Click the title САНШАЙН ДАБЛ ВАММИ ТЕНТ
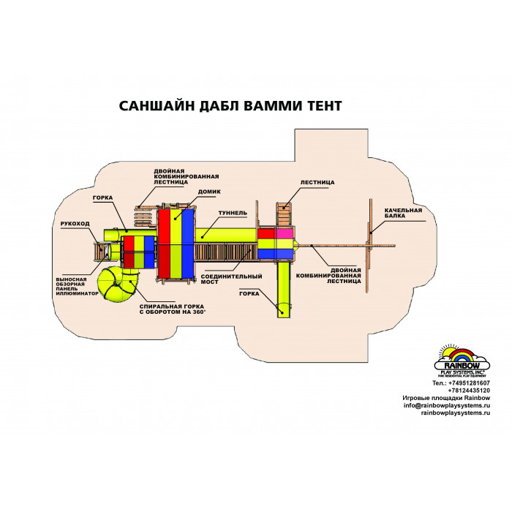pyautogui.click(x=230, y=106)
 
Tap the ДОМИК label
pyautogui.click(x=209, y=192)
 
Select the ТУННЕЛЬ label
pyautogui.click(x=233, y=213)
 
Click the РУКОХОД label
pyautogui.click(x=75, y=224)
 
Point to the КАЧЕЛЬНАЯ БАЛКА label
pyautogui.click(x=403, y=213)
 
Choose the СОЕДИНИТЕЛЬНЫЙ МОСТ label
pyautogui.click(x=232, y=279)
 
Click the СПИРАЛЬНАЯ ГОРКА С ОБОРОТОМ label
pyautogui.click(x=173, y=309)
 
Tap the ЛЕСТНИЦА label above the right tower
pyautogui.click(x=317, y=183)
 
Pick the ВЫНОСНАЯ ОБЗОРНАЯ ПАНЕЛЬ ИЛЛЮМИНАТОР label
pyautogui.click(x=77, y=287)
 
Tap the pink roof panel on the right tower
pyautogui.click(x=285, y=234)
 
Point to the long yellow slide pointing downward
pyautogui.click(x=284, y=290)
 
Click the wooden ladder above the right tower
pyautogui.click(x=284, y=214)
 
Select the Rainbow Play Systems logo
pyautogui.click(x=462, y=361)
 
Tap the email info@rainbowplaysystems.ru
pyautogui.click(x=447, y=405)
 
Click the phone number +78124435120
pyautogui.click(x=469, y=391)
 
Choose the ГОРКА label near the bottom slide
pyautogui.click(x=249, y=294)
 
